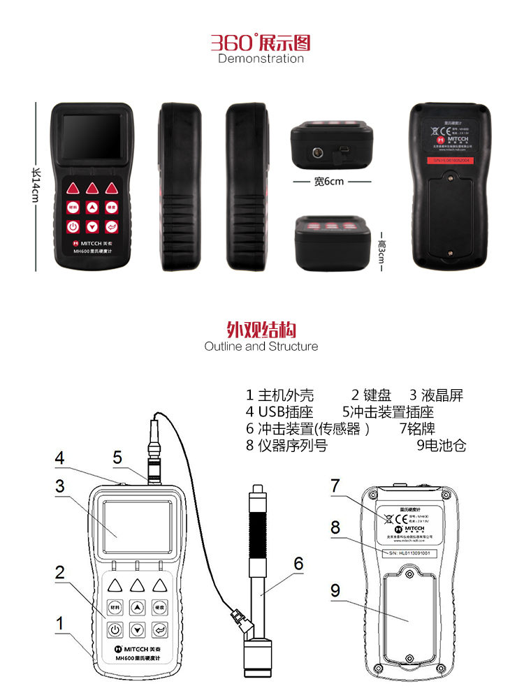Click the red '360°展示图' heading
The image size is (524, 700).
click(x=261, y=43)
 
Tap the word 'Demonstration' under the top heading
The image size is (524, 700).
click(x=261, y=59)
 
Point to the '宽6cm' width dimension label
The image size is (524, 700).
click(x=329, y=182)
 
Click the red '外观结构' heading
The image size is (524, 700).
click(x=261, y=329)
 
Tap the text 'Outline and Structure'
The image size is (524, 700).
click(x=261, y=347)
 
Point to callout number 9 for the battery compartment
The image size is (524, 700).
click(x=335, y=590)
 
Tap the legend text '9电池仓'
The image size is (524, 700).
click(x=441, y=445)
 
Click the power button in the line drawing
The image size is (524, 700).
click(x=115, y=629)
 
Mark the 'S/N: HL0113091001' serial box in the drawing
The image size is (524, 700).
click(x=407, y=553)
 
